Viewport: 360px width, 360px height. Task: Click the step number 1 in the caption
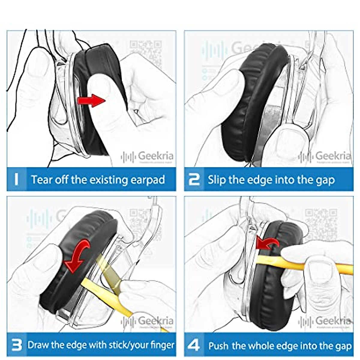[16, 179]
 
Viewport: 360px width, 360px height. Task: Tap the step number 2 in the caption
[194, 179]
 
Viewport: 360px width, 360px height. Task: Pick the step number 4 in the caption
[194, 345]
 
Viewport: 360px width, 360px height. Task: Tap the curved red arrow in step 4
[268, 243]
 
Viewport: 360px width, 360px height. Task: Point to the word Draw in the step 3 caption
[38, 345]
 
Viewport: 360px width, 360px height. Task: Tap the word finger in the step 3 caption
[163, 345]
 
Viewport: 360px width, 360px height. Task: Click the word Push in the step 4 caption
[219, 346]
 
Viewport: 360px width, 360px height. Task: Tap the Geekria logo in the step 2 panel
[325, 156]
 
